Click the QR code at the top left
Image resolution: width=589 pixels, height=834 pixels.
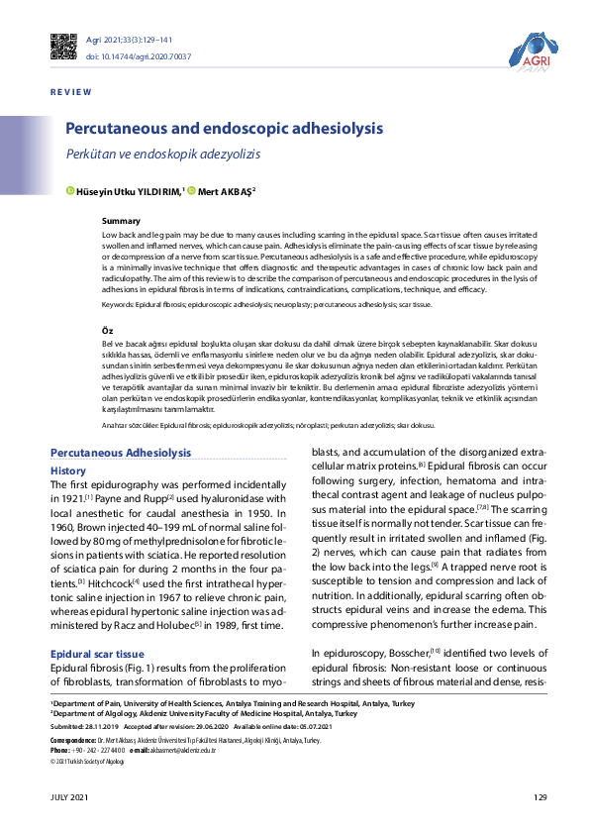[62, 47]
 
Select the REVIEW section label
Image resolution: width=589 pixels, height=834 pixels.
[70, 92]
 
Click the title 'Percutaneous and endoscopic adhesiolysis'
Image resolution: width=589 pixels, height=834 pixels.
[224, 130]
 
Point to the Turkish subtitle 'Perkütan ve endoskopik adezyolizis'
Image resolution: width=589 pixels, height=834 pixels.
[162, 156]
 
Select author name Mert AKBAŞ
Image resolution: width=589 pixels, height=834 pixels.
[228, 190]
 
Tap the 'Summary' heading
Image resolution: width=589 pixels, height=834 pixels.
[122, 220]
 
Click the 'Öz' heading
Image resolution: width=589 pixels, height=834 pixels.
[109, 328]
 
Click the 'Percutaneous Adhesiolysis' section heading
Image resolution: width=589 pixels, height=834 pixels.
[120, 453]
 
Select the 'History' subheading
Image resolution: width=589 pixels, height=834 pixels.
[68, 470]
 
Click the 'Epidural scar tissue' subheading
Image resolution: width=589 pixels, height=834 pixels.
[98, 655]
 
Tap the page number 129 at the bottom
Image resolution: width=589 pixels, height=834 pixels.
[540, 797]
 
